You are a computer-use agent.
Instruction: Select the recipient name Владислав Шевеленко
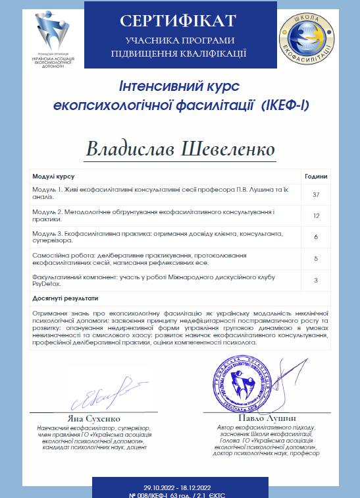180,148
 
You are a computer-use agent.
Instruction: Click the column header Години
316,177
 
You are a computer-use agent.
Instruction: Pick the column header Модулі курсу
53,177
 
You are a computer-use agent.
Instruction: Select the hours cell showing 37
316,195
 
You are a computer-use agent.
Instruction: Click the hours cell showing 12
316,215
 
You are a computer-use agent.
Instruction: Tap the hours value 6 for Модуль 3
316,236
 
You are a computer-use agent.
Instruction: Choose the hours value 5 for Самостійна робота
316,259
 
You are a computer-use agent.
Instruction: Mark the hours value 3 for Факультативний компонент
316,281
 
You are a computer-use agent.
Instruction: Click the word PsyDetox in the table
46,284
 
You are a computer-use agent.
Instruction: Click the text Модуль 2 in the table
47,212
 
